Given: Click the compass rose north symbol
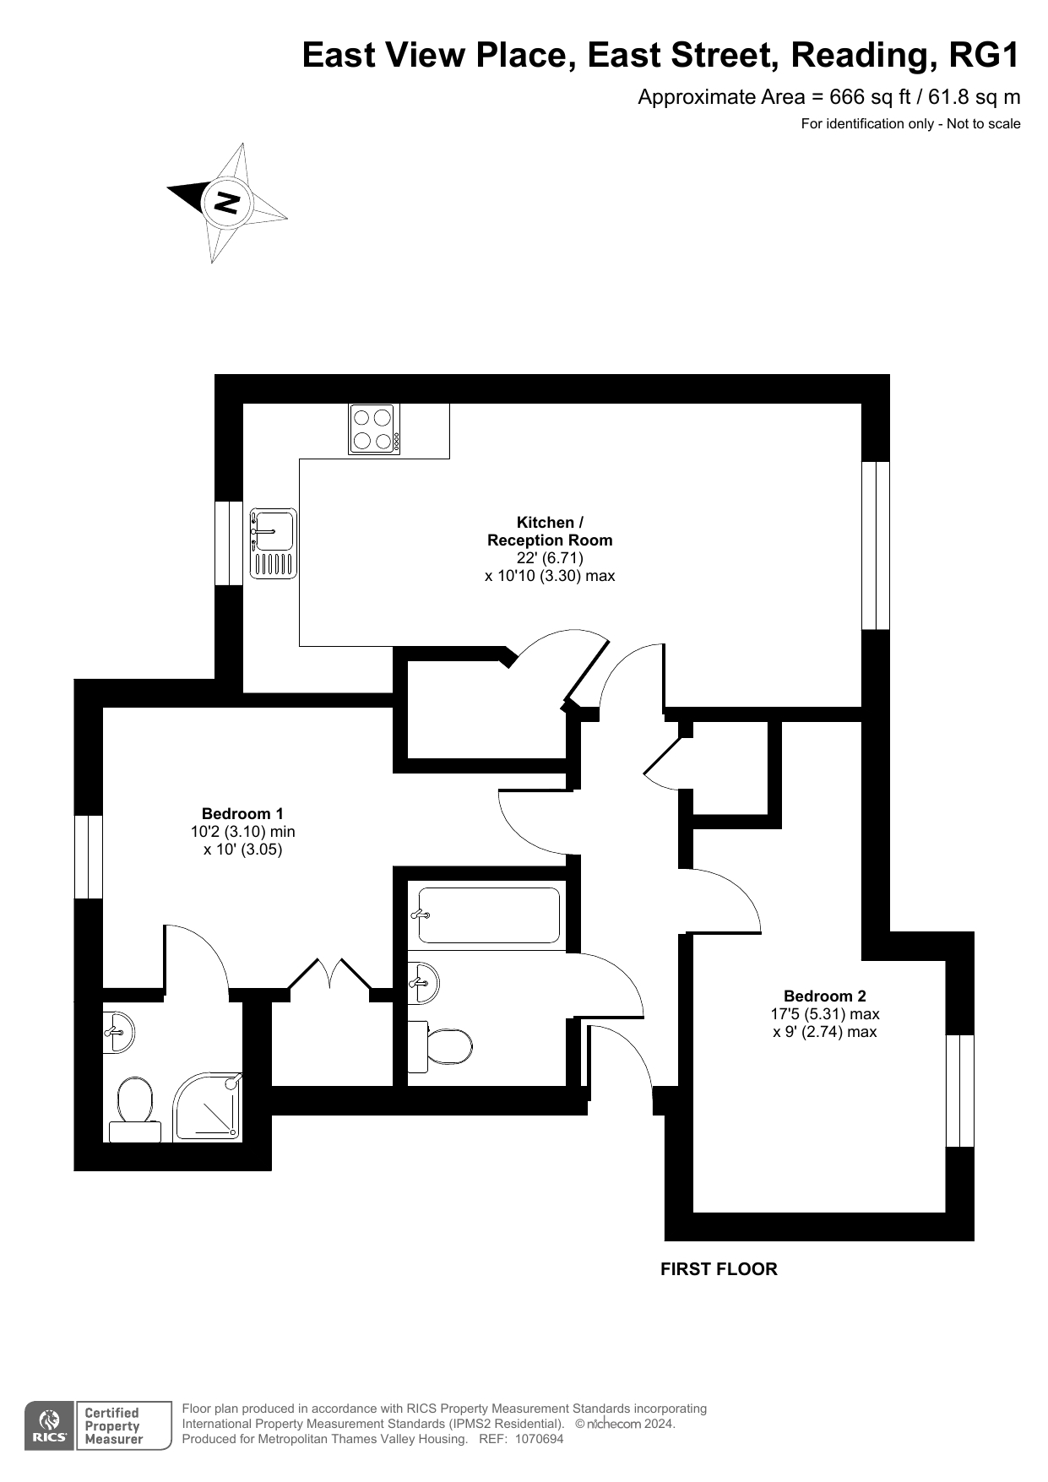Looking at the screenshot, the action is (x=226, y=202).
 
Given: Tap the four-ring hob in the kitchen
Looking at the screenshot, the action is (x=374, y=429).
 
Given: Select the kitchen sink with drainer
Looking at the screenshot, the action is (x=273, y=543).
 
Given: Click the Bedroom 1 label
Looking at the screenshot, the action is (x=242, y=813).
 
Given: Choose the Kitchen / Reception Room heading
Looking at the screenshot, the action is (x=550, y=531).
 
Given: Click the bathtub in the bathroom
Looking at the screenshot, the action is (x=489, y=915).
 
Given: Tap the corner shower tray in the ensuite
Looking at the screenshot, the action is (x=208, y=1107).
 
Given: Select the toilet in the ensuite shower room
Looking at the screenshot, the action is (x=135, y=1110).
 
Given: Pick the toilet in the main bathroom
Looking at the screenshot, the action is (x=439, y=1047).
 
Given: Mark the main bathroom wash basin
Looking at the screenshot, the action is (x=423, y=983).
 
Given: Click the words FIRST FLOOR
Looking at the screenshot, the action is (x=719, y=1268).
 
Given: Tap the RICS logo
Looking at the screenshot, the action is (x=49, y=1425).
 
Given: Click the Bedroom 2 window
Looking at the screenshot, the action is (x=960, y=1090).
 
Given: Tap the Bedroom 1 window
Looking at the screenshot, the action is (x=89, y=856).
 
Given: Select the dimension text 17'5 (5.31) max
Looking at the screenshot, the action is (x=825, y=1013).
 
